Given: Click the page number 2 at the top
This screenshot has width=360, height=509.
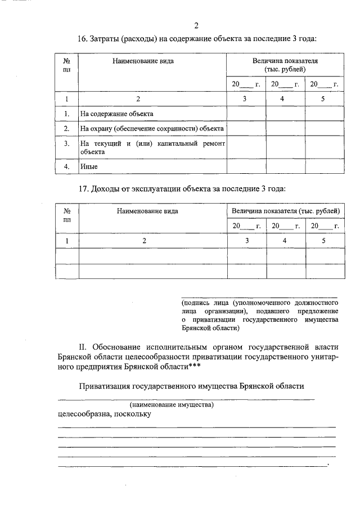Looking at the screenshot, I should pyautogui.click(x=196, y=25).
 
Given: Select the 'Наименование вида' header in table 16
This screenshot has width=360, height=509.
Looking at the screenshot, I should pyautogui.click(x=141, y=60).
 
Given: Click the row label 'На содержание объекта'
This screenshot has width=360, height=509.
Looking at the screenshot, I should pyautogui.click(x=116, y=114).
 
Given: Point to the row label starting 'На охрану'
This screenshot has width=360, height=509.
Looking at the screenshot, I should pyautogui.click(x=152, y=129).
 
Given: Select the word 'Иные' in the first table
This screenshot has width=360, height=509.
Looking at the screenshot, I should pyautogui.click(x=88, y=167).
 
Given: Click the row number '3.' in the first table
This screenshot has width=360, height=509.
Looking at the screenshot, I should pyautogui.click(x=66, y=144).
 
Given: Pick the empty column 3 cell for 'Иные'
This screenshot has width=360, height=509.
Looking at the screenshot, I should pyautogui.click(x=246, y=167).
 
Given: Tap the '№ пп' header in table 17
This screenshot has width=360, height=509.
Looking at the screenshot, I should pyautogui.click(x=67, y=216).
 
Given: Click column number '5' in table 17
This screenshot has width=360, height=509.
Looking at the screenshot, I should pyautogui.click(x=323, y=241).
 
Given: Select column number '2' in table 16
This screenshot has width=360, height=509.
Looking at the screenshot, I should pyautogui.click(x=138, y=99).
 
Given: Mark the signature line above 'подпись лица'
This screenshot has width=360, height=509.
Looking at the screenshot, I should pyautogui.click(x=259, y=296).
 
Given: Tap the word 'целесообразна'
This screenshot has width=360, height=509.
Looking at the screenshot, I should pyautogui.click(x=84, y=415).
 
